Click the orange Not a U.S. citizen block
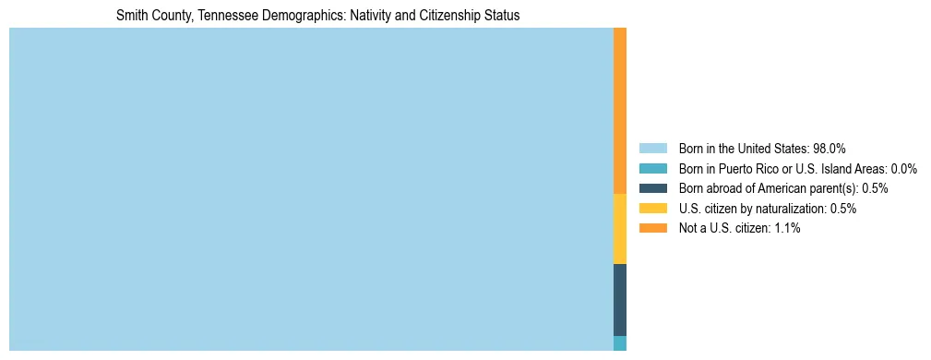tap(619, 111)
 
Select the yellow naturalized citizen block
tap(619, 229)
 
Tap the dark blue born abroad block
tap(619, 300)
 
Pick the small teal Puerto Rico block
tap(619, 343)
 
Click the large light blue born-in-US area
tap(311, 189)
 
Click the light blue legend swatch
tap(652, 148)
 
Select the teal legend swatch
tap(652, 168)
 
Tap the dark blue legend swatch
tap(652, 188)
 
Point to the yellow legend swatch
tap(652, 209)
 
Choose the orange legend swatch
tap(652, 228)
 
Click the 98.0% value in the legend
tap(830, 148)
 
